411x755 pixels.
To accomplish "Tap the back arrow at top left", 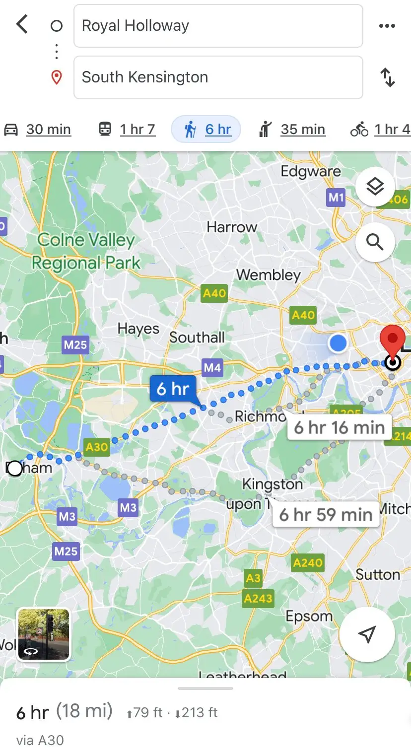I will tap(22, 24).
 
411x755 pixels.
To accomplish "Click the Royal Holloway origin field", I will tap(218, 26).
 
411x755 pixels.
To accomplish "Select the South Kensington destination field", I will tap(218, 77).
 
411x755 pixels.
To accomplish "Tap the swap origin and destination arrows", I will tap(388, 77).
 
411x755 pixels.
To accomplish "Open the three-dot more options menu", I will tap(387, 26).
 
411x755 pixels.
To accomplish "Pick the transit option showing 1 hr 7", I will tap(127, 130).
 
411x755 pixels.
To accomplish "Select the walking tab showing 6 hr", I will tap(206, 130).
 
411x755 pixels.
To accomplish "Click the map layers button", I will tap(375, 187).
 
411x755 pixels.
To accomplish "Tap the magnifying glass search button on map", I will tap(375, 242).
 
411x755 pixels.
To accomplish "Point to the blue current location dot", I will tap(338, 343).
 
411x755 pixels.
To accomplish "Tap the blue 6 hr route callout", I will tap(173, 389).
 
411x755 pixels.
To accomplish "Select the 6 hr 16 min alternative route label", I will tap(339, 427).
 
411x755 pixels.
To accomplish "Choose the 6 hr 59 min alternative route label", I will tap(326, 515).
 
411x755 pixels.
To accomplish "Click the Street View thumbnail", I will tap(44, 635).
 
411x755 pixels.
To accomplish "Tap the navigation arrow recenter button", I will tap(367, 634).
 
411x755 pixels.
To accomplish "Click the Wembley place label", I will tap(269, 275).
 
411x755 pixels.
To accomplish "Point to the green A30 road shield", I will tap(97, 447).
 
